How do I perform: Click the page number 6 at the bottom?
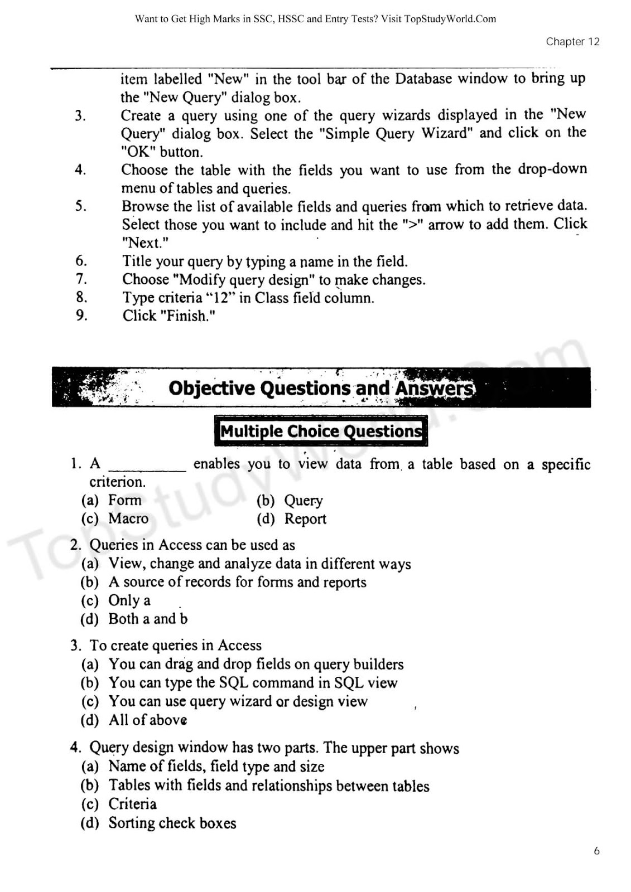tap(596, 851)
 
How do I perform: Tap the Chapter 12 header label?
tap(572, 42)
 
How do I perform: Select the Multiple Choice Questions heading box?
tap(321, 431)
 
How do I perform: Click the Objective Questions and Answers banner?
tap(321, 388)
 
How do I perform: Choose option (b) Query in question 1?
tap(303, 501)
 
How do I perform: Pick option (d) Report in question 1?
tap(305, 519)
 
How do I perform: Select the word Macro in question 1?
tap(128, 518)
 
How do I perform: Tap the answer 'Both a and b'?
tap(148, 619)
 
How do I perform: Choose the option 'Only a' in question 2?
tap(129, 600)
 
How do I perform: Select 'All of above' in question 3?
tap(147, 720)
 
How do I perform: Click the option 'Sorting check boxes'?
tap(172, 823)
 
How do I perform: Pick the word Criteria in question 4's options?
tap(132, 804)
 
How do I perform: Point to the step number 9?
tap(81, 316)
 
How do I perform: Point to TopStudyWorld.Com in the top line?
tap(450, 19)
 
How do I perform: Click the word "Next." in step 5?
tap(145, 243)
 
